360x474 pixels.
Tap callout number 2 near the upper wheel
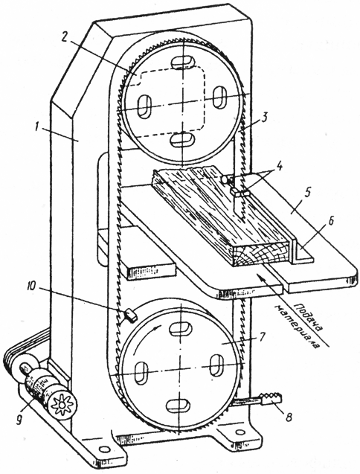tap(65, 37)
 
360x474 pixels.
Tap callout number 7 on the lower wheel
tap(262, 336)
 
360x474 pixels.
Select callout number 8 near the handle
tap(289, 418)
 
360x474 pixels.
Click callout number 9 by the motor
tap(19, 420)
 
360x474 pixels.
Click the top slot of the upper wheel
tap(182, 63)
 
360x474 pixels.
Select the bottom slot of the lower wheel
tap(179, 406)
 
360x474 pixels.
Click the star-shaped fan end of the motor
tap(62, 405)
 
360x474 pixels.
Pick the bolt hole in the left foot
tap(103, 449)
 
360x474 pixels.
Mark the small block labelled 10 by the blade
tap(131, 315)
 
